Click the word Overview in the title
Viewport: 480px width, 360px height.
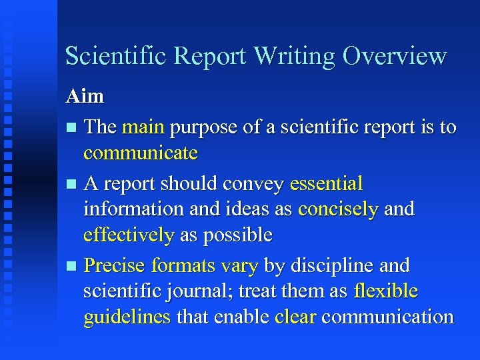coord(394,56)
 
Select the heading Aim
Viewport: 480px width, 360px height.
coord(85,96)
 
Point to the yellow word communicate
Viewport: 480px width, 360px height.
coord(141,153)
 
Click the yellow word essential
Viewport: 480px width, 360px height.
coord(326,183)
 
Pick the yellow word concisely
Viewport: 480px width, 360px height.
coord(338,209)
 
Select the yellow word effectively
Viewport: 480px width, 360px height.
coord(129,235)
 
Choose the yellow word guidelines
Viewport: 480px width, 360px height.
coord(127,317)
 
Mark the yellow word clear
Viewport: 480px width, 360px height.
coord(295,317)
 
